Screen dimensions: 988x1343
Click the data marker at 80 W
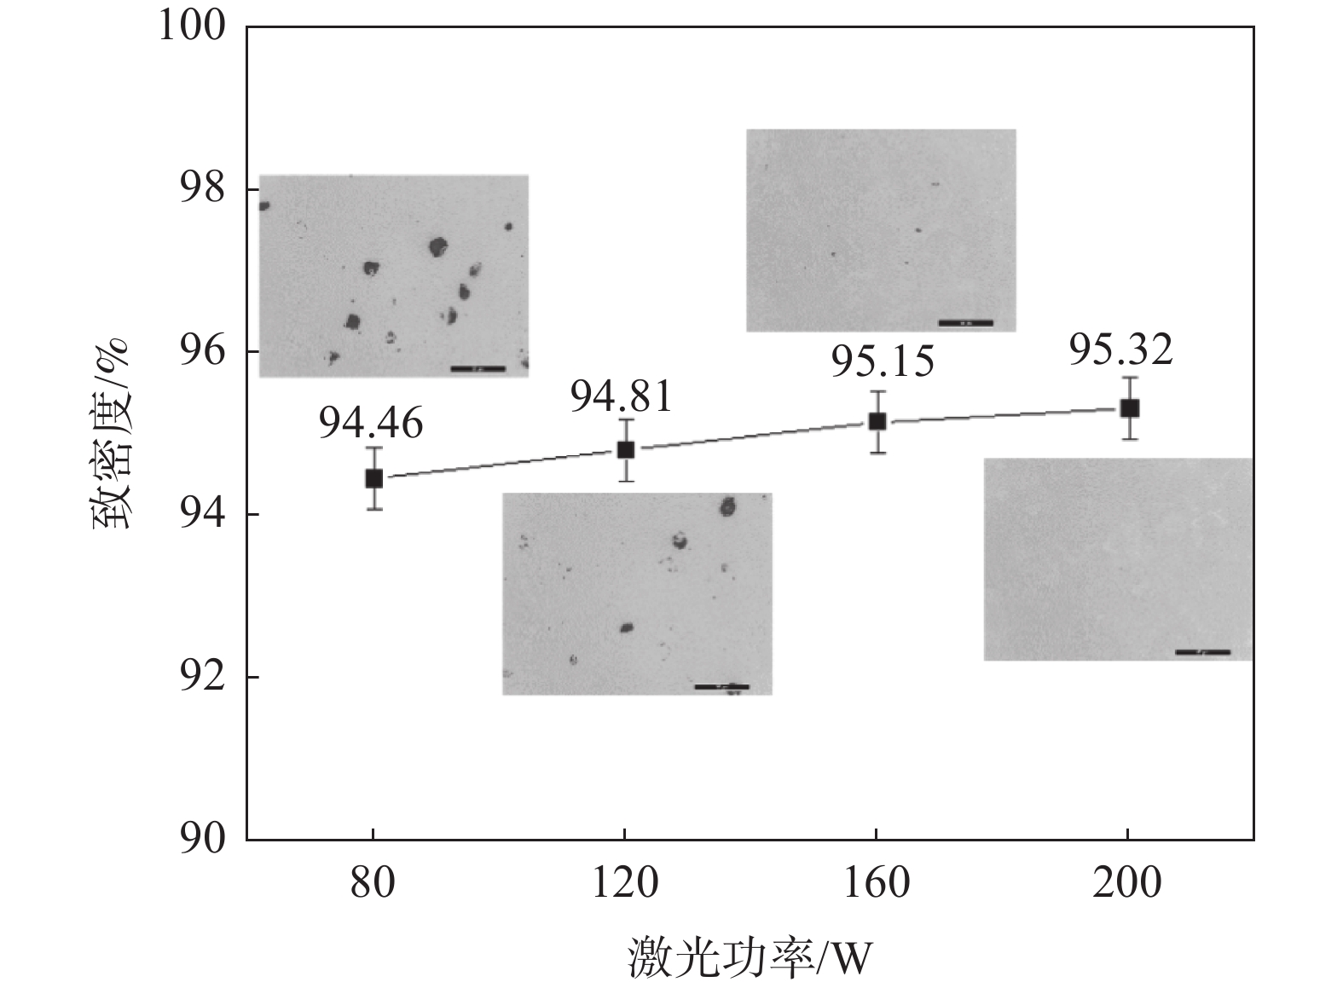pyautogui.click(x=373, y=478)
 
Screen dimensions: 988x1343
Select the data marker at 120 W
pyautogui.click(x=625, y=449)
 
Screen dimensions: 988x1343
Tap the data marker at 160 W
pyautogui.click(x=877, y=421)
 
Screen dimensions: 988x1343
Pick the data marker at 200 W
pyautogui.click(x=1129, y=408)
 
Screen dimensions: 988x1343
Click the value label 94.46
pyautogui.click(x=371, y=424)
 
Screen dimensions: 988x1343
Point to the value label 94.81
pyautogui.click(x=622, y=396)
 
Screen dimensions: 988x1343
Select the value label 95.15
pyautogui.click(x=883, y=361)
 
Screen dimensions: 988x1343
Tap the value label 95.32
pyautogui.click(x=1121, y=350)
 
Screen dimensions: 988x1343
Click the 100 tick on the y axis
pyautogui.click(x=192, y=26)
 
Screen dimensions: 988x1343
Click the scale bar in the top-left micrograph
pyautogui.click(x=478, y=368)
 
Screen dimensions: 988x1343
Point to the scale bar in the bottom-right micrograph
pyautogui.click(x=1202, y=652)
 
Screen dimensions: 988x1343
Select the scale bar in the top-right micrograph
pyautogui.click(x=965, y=323)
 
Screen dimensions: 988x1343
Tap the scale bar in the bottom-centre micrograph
pyautogui.click(x=721, y=686)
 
